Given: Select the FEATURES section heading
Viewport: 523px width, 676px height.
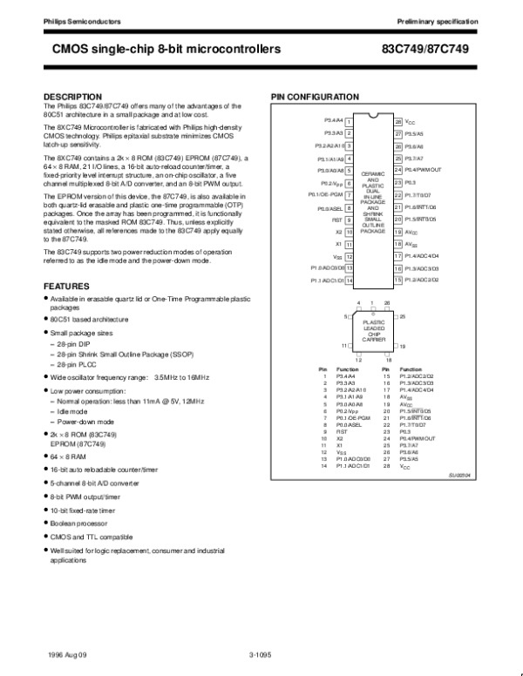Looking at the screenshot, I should point(66,286).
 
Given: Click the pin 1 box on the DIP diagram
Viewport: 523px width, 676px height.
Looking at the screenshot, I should point(349,122).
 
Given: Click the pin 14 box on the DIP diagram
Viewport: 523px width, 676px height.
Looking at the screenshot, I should point(349,281).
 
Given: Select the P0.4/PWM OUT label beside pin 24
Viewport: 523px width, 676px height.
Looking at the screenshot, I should point(424,171).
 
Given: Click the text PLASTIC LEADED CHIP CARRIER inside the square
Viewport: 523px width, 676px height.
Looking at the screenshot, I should point(373,329).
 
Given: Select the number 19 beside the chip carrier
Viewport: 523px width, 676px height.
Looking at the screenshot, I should point(403,346).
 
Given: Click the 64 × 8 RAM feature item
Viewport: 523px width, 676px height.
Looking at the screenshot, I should point(70,456).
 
